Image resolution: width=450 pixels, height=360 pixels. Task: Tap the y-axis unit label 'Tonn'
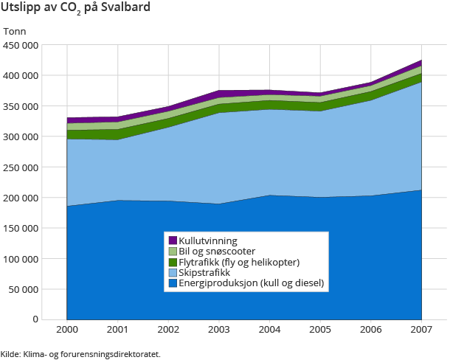pos(15,31)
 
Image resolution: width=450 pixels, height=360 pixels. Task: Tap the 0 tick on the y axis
pos(35,319)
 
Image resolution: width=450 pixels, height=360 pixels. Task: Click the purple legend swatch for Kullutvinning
pos(173,240)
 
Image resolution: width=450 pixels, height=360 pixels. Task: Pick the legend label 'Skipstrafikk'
pos(205,272)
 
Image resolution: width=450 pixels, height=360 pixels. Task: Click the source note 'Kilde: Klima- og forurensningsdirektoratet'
pos(80,353)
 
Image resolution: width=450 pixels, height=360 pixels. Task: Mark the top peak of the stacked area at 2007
pos(421,60)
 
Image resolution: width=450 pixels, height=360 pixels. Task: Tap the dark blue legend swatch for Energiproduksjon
pos(173,283)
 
